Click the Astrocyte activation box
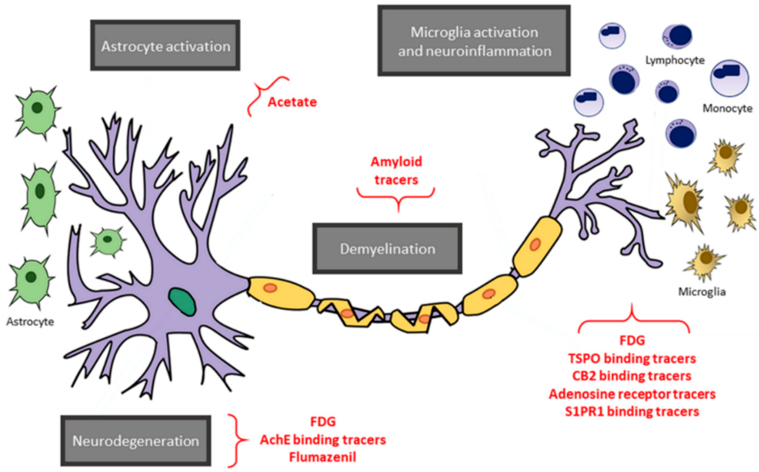[165, 46]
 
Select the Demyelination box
[387, 249]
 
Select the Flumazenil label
[322, 457]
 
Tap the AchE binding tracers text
[323, 440]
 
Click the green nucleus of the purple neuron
[182, 301]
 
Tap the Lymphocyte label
[675, 60]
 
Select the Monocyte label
[727, 108]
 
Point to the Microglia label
[702, 291]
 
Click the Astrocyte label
[30, 322]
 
